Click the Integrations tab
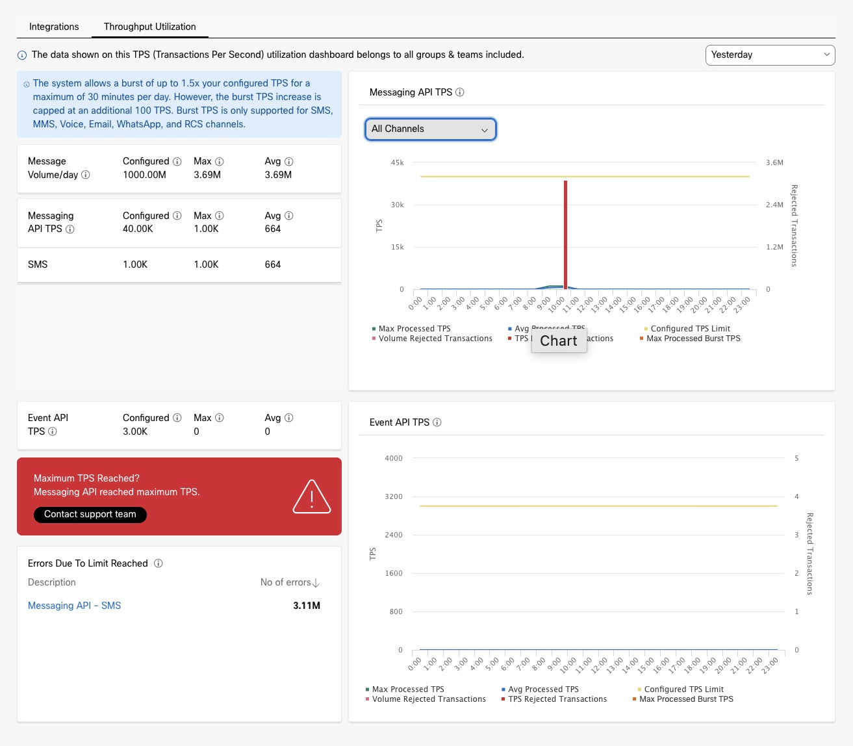pos(54,27)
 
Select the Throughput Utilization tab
pos(149,27)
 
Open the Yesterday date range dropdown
pos(770,55)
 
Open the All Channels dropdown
pos(430,129)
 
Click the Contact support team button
pos(90,515)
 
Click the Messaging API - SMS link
pos(74,606)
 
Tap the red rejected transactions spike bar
pos(566,234)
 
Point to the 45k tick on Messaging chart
pos(397,162)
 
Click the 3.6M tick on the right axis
pos(774,162)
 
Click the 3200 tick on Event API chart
pos(394,496)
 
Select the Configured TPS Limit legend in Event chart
pos(683,689)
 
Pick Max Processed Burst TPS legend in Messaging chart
pos(693,339)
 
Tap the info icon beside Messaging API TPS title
pos(460,92)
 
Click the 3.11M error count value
pos(307,606)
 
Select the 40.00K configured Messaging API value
pos(138,229)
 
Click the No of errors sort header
pos(290,582)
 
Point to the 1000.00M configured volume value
pos(144,175)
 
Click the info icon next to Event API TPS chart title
pos(437,422)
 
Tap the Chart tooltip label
pos(559,341)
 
